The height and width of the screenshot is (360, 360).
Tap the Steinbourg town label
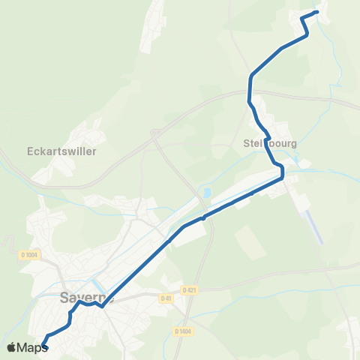[x=271, y=142]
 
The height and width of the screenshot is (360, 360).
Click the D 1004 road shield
[x=29, y=255]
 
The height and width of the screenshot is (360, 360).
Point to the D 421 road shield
[x=189, y=289]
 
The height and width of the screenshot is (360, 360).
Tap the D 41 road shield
[x=166, y=298]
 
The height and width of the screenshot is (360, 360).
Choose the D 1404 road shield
[x=182, y=331]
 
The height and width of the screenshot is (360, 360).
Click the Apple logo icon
[x=11, y=347]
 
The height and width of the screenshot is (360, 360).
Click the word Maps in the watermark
[x=32, y=347]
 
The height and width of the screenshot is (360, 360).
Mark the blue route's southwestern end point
[x=43, y=344]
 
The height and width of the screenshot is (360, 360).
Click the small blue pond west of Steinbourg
[x=205, y=193]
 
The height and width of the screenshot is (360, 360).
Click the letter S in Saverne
[x=63, y=298]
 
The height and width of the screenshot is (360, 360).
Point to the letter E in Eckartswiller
[x=29, y=150]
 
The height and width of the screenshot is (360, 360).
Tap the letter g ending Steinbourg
[x=295, y=143]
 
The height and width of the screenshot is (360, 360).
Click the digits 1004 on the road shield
[x=31, y=255]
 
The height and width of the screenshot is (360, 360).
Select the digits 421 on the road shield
[x=191, y=289]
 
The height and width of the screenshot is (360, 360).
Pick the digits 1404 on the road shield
[x=184, y=331]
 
